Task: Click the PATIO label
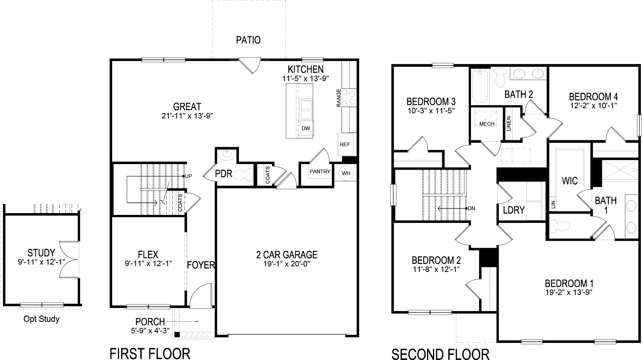248,40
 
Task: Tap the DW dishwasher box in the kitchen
306,128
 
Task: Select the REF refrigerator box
345,144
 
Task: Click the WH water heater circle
346,173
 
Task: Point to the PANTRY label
320,171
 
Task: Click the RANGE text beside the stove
339,98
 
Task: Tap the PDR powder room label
224,174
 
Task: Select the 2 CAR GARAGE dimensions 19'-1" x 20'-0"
287,264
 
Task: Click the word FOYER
201,265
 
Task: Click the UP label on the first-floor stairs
189,176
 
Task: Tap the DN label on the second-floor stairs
471,208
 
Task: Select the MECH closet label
487,124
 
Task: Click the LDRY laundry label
514,210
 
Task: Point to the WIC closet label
570,181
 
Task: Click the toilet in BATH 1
559,226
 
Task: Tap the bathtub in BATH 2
480,87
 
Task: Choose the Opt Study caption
41,319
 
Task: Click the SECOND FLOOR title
440,354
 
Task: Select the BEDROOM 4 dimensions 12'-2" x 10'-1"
593,106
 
